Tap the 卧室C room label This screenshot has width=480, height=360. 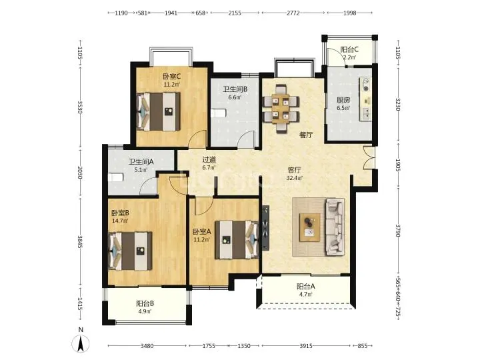171,76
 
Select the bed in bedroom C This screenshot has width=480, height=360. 158,111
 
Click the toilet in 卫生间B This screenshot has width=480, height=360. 217,113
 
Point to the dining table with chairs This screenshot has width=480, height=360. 281,109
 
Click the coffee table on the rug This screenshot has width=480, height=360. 310,227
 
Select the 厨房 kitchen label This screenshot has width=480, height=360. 343,100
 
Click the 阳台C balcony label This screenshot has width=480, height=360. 349,49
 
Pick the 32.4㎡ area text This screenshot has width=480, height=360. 294,178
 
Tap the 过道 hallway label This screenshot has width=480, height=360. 209,159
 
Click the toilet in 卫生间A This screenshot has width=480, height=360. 115,177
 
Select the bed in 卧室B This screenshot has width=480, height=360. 131,251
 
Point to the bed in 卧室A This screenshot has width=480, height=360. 237,240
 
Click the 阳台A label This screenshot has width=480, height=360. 306,287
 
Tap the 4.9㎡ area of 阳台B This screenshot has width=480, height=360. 144,311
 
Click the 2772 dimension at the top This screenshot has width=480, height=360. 293,13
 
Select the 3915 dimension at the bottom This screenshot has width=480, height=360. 306,346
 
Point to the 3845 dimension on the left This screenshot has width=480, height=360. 80,242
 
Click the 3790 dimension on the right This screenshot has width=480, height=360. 398,231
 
